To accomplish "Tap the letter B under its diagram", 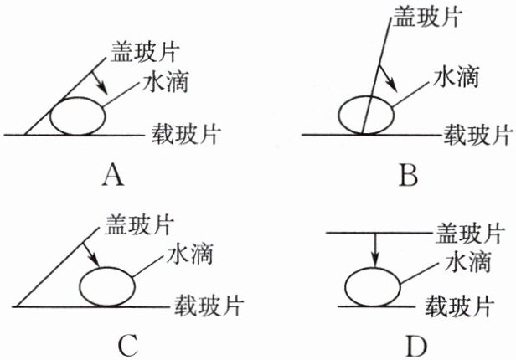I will point(409,177).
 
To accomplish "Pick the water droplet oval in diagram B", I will point(364,113).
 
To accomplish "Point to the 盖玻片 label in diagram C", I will point(139,224).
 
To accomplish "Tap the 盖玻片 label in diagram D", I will point(470,233).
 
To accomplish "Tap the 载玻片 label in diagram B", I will point(477,133).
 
